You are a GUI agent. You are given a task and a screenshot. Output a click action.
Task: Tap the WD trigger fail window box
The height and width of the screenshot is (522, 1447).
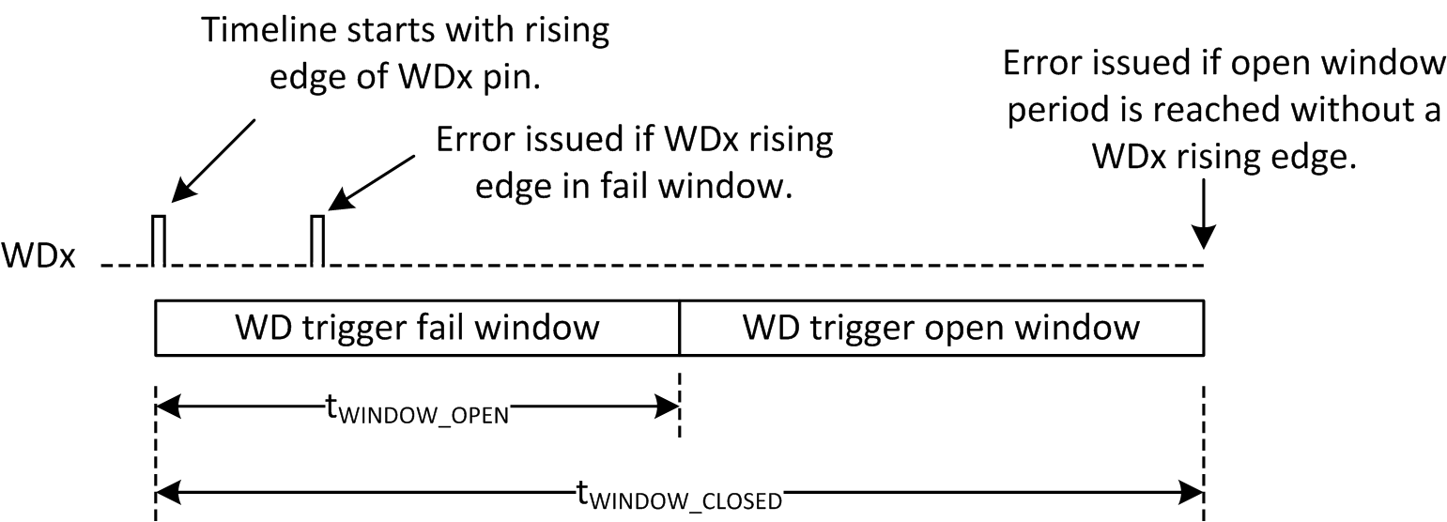tap(416, 328)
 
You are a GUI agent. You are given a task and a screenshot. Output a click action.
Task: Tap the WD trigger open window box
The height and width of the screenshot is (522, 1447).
tap(941, 328)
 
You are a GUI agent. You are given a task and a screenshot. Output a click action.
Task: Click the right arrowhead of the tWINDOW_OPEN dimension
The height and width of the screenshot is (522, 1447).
tap(669, 407)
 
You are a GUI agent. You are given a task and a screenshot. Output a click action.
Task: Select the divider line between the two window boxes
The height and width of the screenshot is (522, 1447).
tap(679, 328)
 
